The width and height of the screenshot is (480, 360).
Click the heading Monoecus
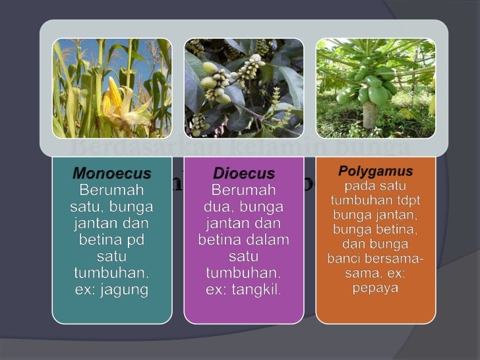111,174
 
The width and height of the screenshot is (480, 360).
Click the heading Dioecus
243,174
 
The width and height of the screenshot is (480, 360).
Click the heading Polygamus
375,171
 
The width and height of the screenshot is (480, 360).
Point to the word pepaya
375,289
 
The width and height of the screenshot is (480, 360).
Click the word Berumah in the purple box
243,191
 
